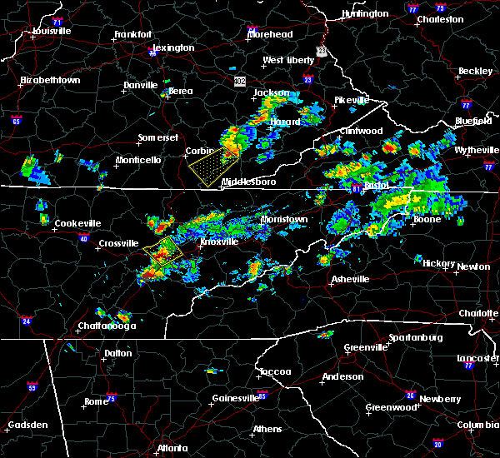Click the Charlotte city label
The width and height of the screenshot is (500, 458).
point(477,313)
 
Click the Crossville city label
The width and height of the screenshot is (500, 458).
point(118,243)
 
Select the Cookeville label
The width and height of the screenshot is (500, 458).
point(77,223)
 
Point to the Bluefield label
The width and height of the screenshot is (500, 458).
point(472,121)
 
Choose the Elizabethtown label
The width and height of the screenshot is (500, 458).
point(50,80)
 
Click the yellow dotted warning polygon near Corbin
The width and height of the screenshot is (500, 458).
point(212,164)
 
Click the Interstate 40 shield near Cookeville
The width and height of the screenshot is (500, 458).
point(83,239)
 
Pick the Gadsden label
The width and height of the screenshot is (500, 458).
point(27,426)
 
